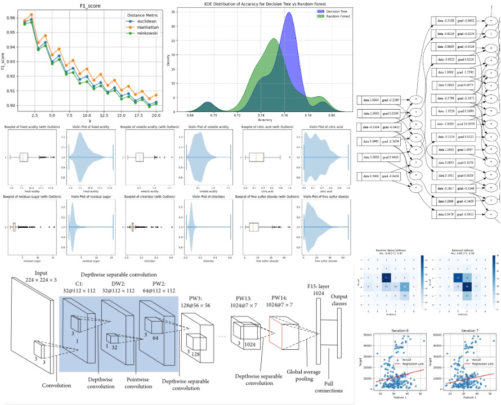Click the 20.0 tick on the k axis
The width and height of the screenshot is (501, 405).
click(x=155, y=114)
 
